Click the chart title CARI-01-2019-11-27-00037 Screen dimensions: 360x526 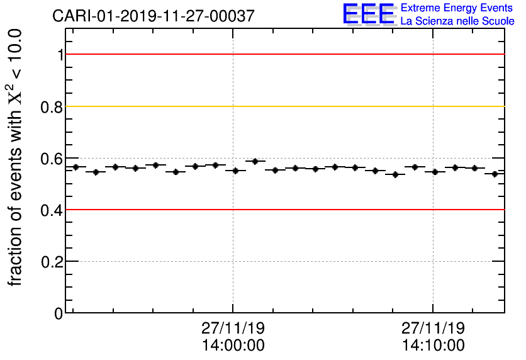click(154, 16)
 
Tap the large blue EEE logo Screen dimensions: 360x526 click(369, 14)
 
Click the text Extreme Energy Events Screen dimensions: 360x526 click(457, 8)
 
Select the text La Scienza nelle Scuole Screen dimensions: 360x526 click(457, 21)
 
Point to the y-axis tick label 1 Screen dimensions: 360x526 click(60, 55)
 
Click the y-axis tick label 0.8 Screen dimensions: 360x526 click(52, 106)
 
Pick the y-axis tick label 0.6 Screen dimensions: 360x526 click(52, 158)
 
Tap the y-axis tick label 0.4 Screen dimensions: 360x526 click(52, 210)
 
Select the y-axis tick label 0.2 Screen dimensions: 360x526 click(52, 261)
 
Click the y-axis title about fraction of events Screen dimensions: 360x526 click(18, 157)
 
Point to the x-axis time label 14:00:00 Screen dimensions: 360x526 click(233, 346)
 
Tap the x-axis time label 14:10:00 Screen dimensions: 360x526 click(433, 346)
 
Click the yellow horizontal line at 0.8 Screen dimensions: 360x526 click(283, 106)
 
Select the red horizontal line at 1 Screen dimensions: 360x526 click(283, 55)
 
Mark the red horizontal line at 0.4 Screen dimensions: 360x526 click(283, 210)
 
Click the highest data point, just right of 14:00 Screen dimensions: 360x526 click(255, 161)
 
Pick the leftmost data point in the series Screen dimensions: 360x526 click(76, 167)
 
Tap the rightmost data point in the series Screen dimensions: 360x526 click(495, 174)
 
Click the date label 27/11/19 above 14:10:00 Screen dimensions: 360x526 click(433, 329)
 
